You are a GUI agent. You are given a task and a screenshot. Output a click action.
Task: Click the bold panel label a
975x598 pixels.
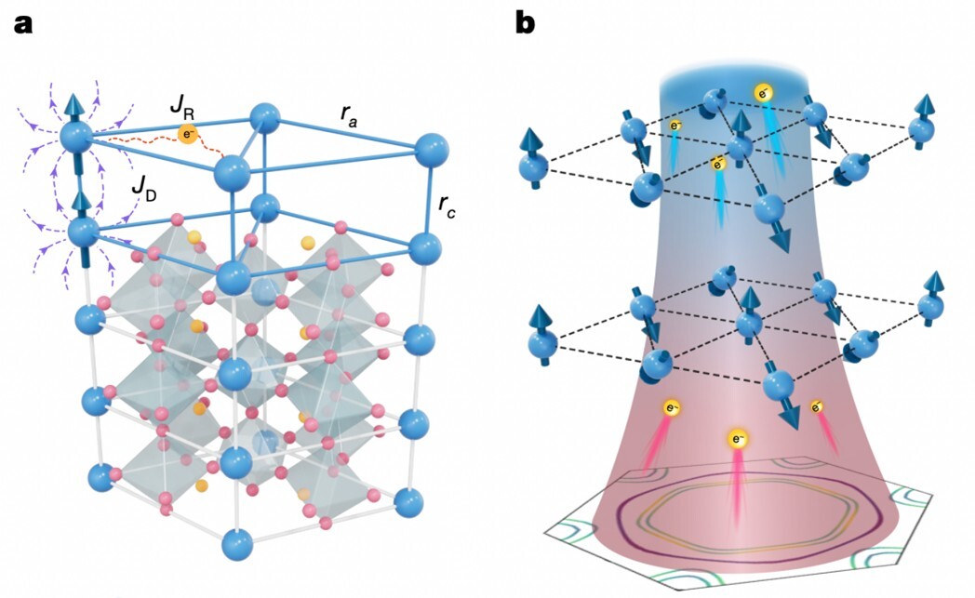pyautogui.click(x=22, y=23)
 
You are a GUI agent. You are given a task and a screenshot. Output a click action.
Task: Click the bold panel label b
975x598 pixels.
pyautogui.click(x=526, y=22)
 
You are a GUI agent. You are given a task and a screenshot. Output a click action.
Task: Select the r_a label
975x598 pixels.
pyautogui.click(x=350, y=113)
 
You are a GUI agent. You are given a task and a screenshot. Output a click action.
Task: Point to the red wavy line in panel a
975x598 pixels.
pyautogui.click(x=140, y=141)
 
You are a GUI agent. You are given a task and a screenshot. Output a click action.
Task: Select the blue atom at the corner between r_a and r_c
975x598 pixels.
pyautogui.click(x=431, y=149)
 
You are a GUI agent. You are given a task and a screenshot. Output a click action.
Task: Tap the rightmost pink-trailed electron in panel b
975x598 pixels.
pyautogui.click(x=816, y=406)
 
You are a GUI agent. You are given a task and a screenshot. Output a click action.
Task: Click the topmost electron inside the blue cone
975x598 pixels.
pyautogui.click(x=763, y=92)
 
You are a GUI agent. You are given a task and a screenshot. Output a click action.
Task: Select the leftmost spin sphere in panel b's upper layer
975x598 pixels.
pyautogui.click(x=534, y=168)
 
